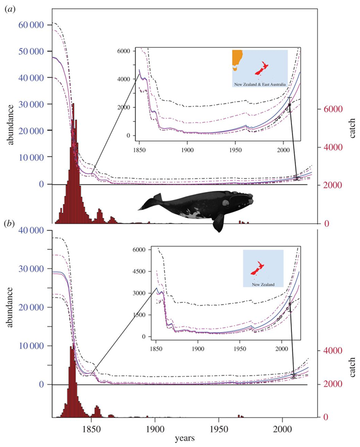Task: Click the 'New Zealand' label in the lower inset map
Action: [263, 285]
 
